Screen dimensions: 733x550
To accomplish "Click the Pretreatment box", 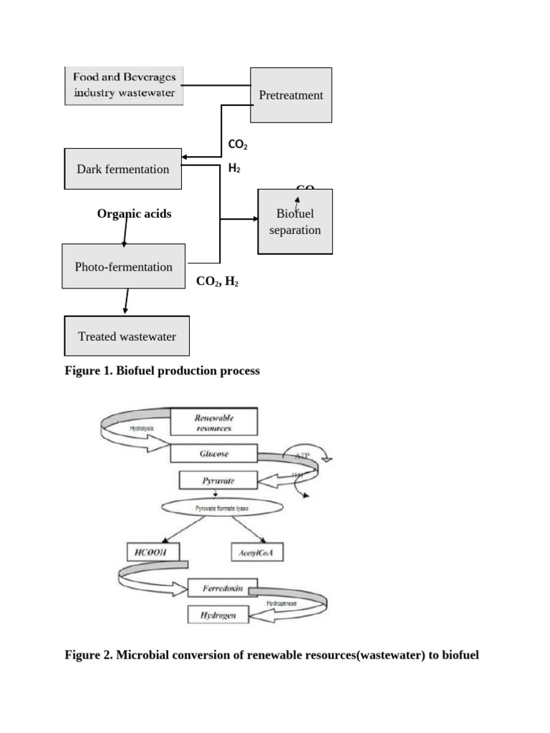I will (x=291, y=95).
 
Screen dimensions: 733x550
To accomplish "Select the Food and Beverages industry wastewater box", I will (x=124, y=85).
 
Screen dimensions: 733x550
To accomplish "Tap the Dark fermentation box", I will (x=123, y=169).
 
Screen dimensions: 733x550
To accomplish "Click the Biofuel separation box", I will (x=295, y=222).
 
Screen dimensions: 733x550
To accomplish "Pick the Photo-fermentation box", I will (x=123, y=266).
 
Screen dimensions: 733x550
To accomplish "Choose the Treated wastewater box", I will (x=127, y=336).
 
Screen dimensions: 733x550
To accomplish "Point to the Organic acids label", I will (x=134, y=213).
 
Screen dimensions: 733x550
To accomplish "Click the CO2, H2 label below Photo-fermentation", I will (x=217, y=282).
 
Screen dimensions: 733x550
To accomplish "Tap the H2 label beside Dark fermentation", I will (x=234, y=168).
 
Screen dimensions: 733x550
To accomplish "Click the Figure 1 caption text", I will (x=162, y=371).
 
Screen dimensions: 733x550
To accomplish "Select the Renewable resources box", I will (x=213, y=422).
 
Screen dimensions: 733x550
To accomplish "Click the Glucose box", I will (x=213, y=454).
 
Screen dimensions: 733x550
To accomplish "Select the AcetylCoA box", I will (x=258, y=552).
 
